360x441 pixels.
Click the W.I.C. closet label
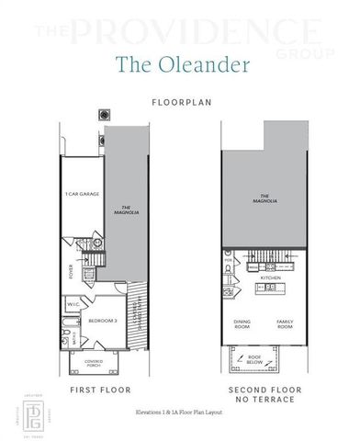[73, 305]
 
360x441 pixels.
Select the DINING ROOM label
[241, 324]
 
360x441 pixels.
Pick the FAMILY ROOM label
[286, 324]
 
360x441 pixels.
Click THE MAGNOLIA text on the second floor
[265, 197]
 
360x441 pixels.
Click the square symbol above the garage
[103, 116]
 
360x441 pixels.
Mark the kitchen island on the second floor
[271, 288]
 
